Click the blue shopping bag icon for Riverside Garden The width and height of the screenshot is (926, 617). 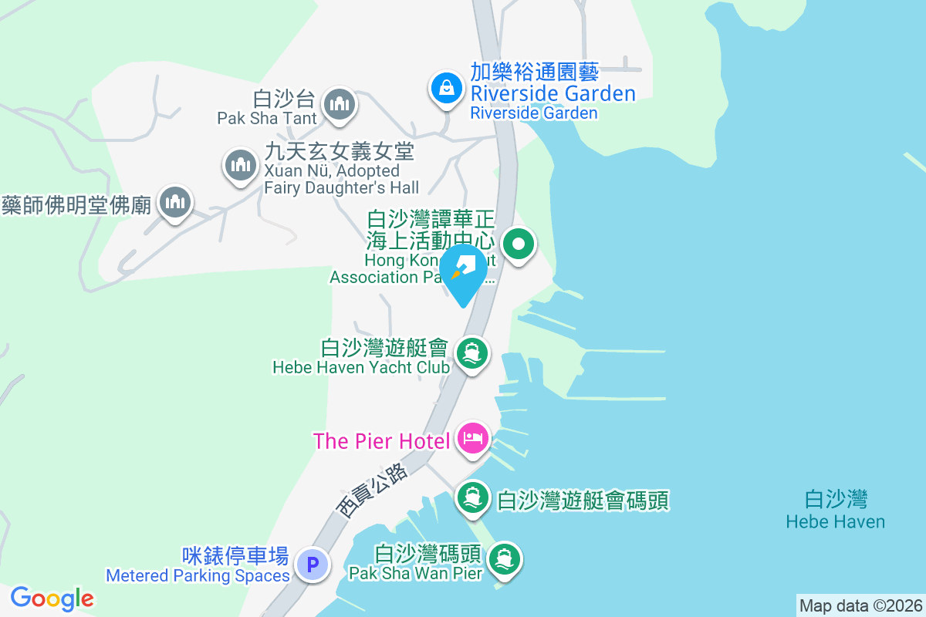(446, 88)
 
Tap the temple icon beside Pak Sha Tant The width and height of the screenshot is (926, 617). (339, 103)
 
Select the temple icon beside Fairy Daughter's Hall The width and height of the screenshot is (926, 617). (240, 164)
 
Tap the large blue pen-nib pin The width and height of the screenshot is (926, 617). (463, 271)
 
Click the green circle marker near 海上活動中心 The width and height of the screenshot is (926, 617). (519, 246)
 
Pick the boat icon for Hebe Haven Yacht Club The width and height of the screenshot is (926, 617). (471, 354)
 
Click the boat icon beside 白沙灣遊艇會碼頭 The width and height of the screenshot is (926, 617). (472, 497)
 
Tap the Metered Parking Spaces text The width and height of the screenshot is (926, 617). (198, 575)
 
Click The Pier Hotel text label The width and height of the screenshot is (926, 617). (381, 441)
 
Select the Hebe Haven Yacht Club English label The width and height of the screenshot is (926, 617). (361, 368)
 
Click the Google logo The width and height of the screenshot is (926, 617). (52, 598)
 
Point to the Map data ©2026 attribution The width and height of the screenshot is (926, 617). (860, 605)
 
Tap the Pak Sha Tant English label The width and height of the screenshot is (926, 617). (267, 118)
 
